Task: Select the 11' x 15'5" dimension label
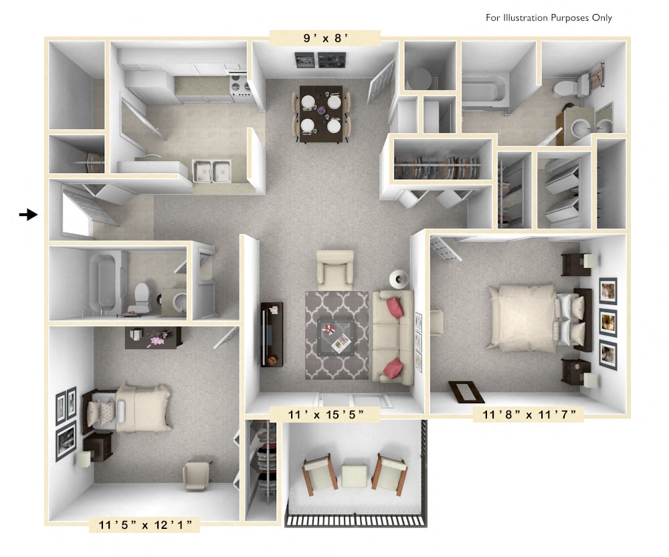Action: [x=326, y=415]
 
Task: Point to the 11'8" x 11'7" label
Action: [x=529, y=415]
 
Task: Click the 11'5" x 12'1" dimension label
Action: [x=145, y=524]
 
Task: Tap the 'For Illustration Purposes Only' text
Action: [x=549, y=18]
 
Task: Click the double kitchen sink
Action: [x=212, y=171]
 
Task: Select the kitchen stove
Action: [x=240, y=88]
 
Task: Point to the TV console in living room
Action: [x=272, y=334]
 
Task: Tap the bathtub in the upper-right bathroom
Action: [x=485, y=94]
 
